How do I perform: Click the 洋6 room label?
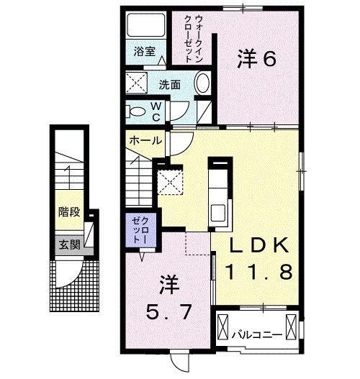point(256,60)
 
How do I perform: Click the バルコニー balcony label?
point(257,334)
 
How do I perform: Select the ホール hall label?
point(144,141)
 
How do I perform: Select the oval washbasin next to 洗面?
point(204,83)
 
